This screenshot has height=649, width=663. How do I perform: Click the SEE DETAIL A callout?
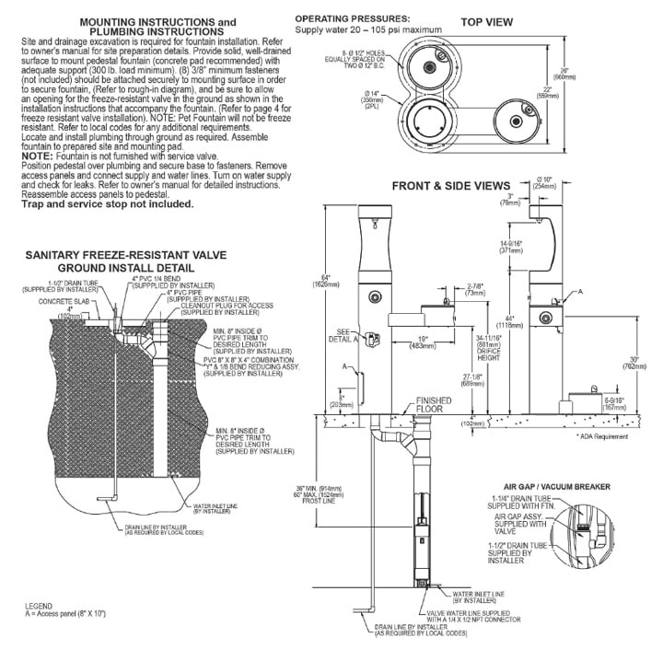click(x=347, y=335)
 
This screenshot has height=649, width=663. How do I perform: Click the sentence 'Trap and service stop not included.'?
click(x=108, y=203)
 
